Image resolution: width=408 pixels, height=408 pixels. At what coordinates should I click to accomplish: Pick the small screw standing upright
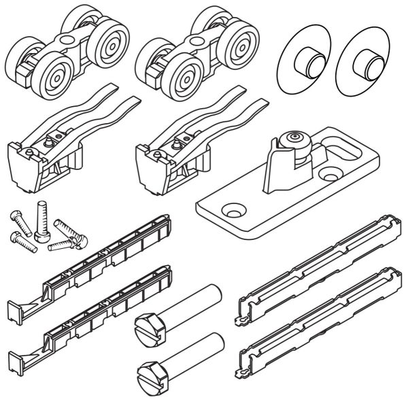43,222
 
